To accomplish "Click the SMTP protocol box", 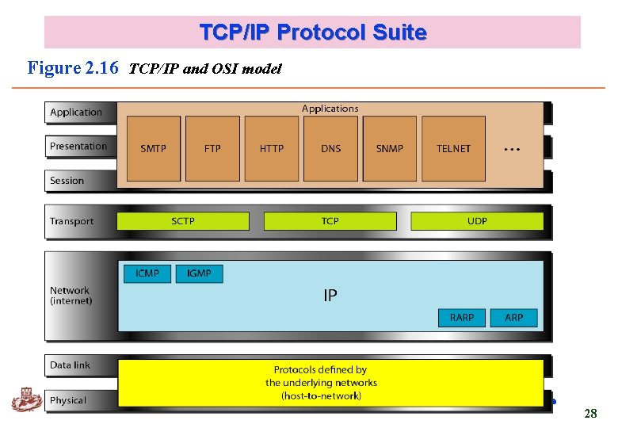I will [x=154, y=149].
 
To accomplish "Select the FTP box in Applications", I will [x=212, y=149].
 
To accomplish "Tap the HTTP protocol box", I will [x=272, y=149].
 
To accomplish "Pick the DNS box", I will [x=330, y=149].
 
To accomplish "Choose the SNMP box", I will [x=389, y=149].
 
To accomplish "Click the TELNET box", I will [x=453, y=149].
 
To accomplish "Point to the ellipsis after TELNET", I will [x=512, y=149].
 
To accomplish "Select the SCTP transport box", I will [x=183, y=221].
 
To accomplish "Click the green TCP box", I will [x=330, y=221].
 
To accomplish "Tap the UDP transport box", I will [x=477, y=221].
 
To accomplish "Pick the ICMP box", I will [x=147, y=273].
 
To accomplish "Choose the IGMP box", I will [x=199, y=273].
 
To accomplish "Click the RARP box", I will [x=462, y=318].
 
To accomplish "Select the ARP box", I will [x=514, y=318].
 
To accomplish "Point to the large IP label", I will [x=330, y=296].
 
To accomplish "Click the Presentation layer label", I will [x=78, y=147].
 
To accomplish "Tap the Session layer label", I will [x=67, y=181].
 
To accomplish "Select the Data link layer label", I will [x=71, y=365].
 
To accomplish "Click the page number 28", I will [x=590, y=414].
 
